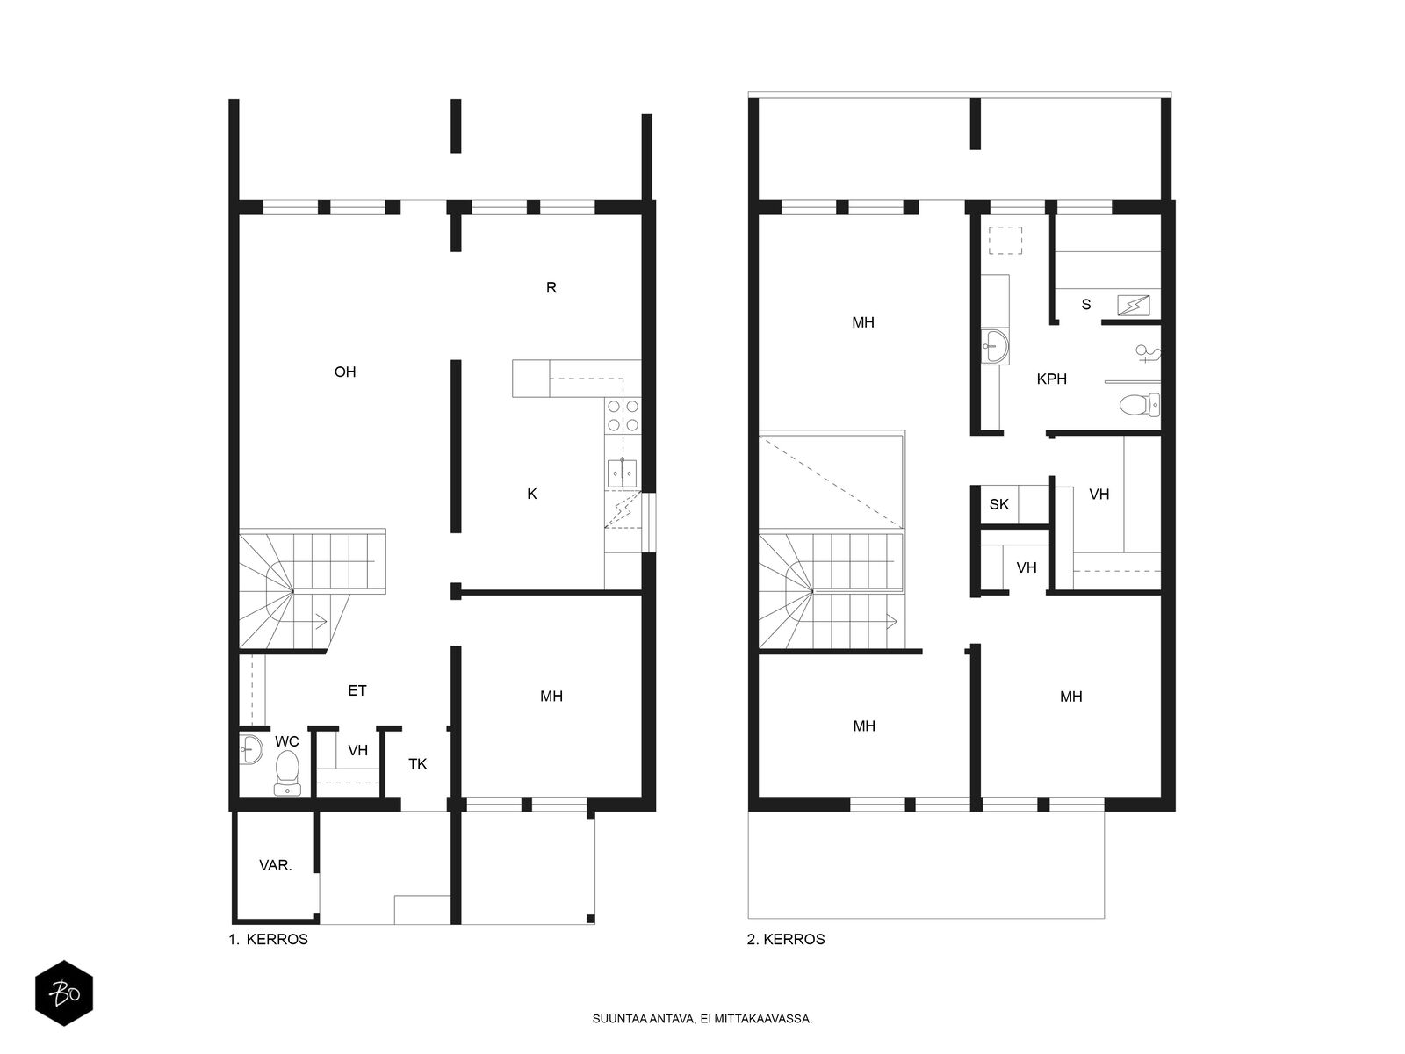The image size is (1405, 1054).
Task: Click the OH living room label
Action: coord(345,372)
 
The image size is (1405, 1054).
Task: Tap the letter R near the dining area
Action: coord(551,288)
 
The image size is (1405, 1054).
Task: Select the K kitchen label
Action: coord(532,494)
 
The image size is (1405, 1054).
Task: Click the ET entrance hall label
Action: coord(357,690)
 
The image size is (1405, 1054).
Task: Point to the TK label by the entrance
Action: coord(417,764)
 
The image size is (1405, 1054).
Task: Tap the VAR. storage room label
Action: coord(276,866)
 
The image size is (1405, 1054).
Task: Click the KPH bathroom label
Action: coord(1052,379)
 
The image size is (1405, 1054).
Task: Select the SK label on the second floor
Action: coord(998,504)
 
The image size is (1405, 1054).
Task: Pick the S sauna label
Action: coord(1086,305)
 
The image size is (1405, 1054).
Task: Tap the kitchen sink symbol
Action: coord(622,473)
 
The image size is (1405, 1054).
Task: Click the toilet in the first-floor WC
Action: coord(287,772)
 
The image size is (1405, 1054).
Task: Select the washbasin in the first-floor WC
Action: coord(251,749)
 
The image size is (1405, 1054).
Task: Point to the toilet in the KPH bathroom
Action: coord(1139,404)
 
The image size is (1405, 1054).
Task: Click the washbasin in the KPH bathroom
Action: coord(994,346)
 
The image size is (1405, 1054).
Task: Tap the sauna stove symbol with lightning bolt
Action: coord(1134,306)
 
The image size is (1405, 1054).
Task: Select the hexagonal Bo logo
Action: coord(64,993)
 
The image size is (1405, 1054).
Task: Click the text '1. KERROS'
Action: coord(268,940)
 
